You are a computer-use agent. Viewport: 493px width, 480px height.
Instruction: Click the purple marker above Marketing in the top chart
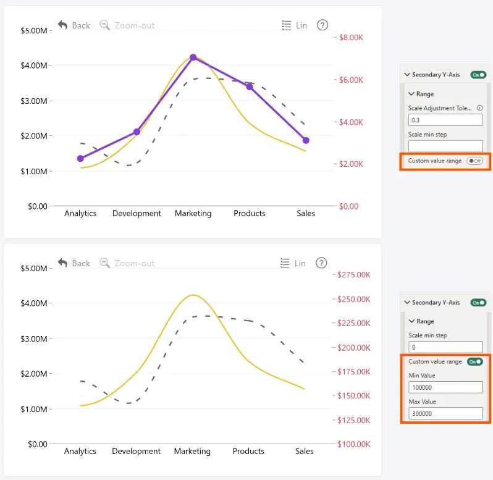point(193,57)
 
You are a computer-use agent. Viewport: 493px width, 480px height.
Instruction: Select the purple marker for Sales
point(306,140)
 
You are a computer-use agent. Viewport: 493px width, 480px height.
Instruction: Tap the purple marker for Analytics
point(80,158)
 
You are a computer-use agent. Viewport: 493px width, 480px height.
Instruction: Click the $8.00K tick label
point(351,38)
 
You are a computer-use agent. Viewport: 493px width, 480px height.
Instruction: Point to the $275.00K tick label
point(354,274)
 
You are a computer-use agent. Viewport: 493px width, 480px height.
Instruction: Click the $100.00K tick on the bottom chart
point(354,444)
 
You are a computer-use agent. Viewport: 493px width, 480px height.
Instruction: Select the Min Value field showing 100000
point(445,387)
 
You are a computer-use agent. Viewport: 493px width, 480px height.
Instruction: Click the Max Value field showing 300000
point(445,413)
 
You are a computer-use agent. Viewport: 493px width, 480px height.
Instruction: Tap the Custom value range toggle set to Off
point(474,161)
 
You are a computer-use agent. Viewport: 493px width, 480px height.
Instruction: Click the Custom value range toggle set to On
point(474,361)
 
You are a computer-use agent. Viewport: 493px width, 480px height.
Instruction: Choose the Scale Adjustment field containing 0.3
point(445,120)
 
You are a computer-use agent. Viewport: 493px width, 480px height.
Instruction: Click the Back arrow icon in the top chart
point(62,25)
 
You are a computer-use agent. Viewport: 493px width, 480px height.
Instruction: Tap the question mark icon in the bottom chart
point(321,263)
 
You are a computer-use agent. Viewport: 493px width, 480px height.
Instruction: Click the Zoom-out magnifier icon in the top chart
point(104,25)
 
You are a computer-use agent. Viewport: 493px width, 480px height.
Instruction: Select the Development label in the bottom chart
point(136,451)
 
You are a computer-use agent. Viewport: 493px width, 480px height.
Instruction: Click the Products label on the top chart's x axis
point(250,213)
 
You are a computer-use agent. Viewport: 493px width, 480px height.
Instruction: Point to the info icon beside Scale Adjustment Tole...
point(480,108)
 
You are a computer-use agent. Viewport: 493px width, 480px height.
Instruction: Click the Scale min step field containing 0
point(445,347)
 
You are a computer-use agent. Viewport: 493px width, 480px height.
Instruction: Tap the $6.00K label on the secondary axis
point(351,80)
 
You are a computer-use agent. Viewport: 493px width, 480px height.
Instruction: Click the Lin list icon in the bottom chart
point(285,263)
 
